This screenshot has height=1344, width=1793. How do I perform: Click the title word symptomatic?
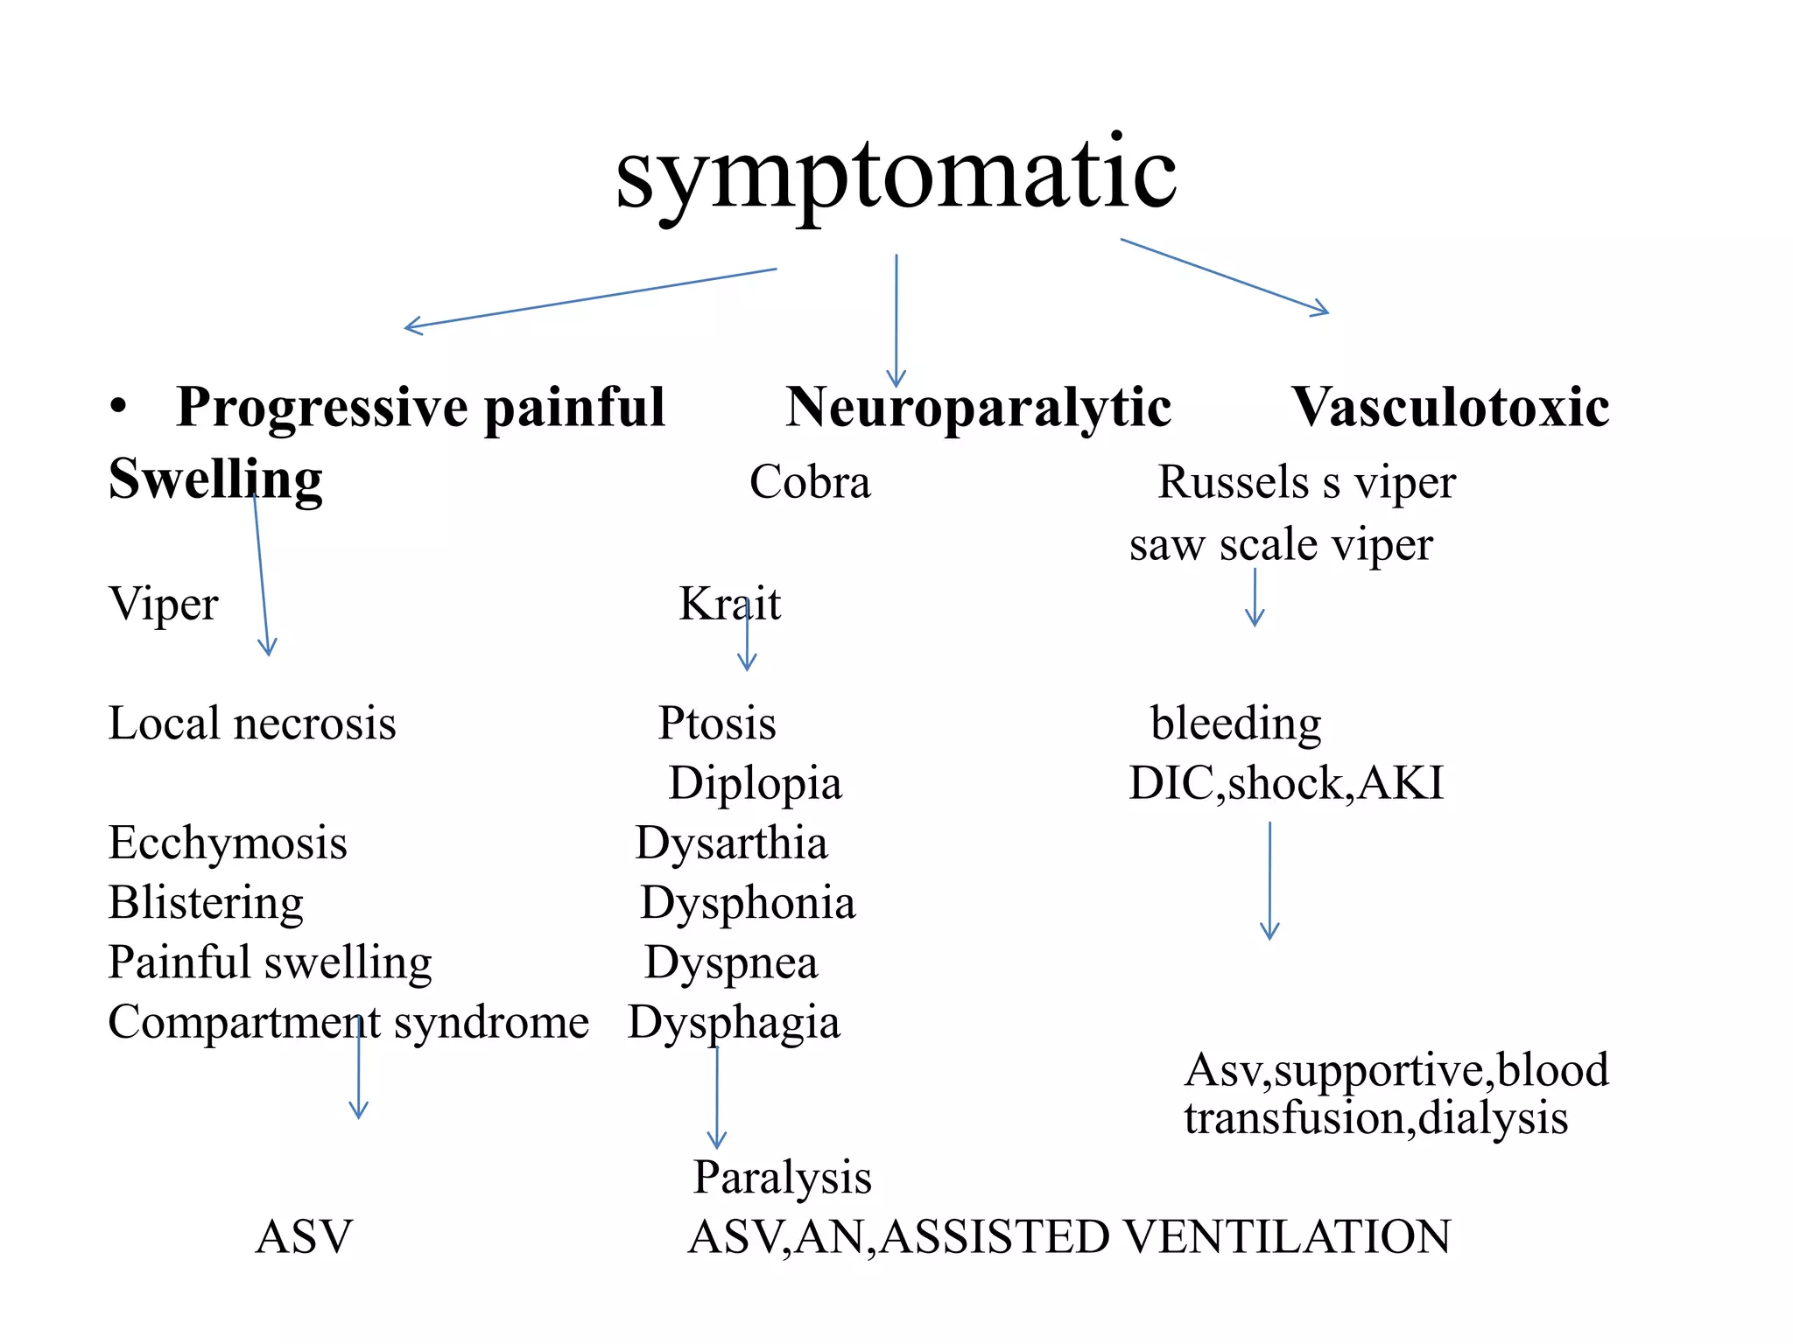tap(896, 175)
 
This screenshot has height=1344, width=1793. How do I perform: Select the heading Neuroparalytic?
tap(978, 407)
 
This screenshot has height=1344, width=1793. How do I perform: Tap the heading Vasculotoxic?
tap(1450, 407)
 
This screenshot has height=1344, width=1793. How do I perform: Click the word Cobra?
tap(810, 482)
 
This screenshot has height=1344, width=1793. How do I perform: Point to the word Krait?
tap(729, 604)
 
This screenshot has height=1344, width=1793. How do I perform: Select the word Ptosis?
tap(717, 724)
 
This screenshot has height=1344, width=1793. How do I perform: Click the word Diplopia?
tap(755, 783)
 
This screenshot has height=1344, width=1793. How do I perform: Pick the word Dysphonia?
tap(748, 902)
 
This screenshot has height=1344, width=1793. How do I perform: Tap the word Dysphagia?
tap(734, 1022)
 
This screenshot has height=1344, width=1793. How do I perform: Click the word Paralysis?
tap(783, 1177)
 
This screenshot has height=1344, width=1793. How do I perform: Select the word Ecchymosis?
tap(228, 843)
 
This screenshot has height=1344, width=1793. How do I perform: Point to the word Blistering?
tap(206, 902)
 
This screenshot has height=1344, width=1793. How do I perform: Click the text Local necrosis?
tap(252, 724)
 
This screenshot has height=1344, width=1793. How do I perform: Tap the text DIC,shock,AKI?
tap(1286, 783)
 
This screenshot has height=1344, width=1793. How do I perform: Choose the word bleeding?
tap(1235, 724)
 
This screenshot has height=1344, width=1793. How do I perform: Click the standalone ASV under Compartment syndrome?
tap(304, 1237)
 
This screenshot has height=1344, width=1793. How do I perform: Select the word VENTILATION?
tap(1286, 1237)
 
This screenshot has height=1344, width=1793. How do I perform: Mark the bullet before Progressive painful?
tap(119, 407)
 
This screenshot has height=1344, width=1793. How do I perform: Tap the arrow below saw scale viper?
tap(1255, 598)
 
